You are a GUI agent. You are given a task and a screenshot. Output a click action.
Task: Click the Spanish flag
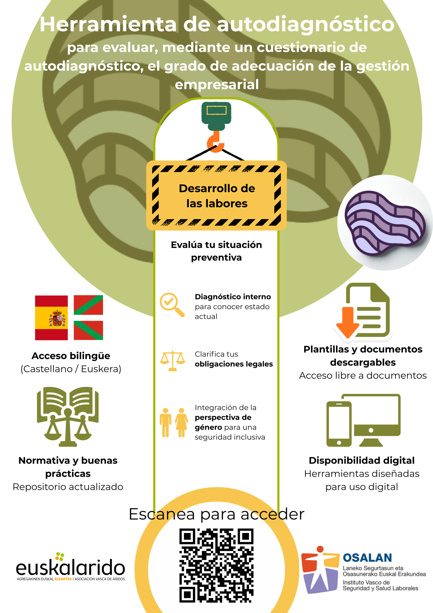click(51, 318)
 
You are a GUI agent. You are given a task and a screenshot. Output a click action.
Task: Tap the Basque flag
click(88, 318)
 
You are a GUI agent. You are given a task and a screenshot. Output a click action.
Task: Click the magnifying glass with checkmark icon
click(172, 305)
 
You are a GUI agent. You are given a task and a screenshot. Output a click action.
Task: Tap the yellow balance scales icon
click(172, 361)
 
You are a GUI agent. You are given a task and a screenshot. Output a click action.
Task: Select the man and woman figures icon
click(174, 422)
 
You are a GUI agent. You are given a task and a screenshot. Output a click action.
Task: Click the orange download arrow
click(347, 322)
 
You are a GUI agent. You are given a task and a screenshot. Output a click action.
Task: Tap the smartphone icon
click(339, 424)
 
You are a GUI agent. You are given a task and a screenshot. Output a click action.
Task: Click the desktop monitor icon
click(372, 420)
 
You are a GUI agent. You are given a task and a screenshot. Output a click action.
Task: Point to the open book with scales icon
click(68, 416)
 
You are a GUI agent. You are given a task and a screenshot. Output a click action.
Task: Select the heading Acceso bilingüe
click(71, 356)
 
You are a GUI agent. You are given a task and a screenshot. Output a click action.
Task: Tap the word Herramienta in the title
click(108, 24)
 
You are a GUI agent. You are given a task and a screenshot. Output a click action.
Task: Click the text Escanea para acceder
click(216, 514)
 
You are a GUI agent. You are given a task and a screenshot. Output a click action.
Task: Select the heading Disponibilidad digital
click(362, 460)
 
